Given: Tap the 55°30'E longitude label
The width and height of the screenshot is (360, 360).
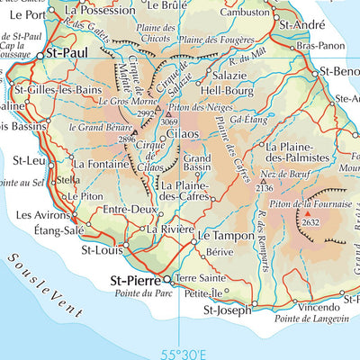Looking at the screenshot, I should [x=185, y=354].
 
